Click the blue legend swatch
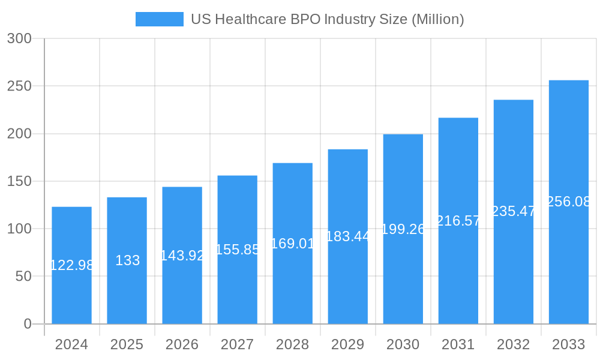[159, 19]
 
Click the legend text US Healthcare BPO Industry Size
[327, 19]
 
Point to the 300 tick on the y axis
[19, 38]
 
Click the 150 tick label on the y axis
[19, 181]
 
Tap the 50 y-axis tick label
[23, 277]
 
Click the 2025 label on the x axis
[127, 344]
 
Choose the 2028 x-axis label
[292, 344]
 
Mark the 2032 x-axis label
[513, 344]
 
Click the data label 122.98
[71, 265]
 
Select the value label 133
[127, 260]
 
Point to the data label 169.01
[292, 244]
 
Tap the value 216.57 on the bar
[458, 221]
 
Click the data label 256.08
[568, 202]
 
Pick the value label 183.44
[347, 236]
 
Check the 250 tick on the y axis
[19, 86]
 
